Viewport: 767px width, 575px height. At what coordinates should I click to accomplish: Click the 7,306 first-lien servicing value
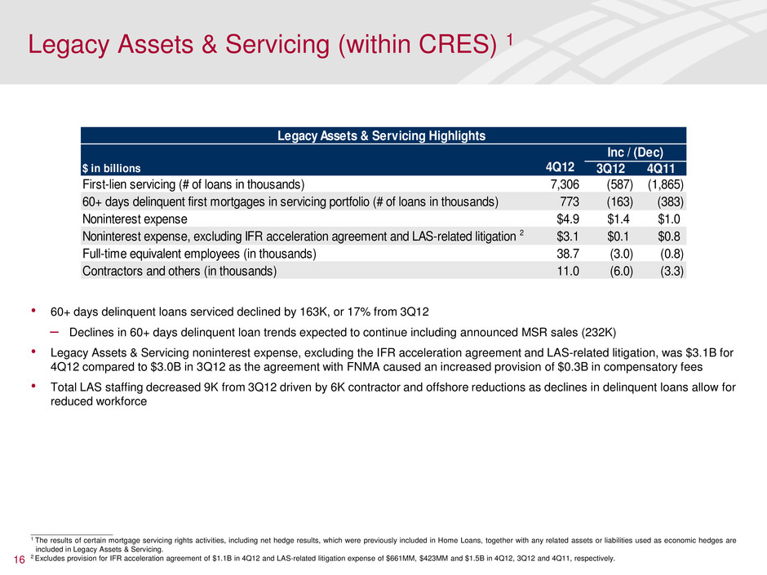[x=564, y=184]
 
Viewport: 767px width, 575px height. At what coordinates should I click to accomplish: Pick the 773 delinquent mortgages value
[x=569, y=201]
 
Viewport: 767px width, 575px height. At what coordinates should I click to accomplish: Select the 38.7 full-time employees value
[x=567, y=254]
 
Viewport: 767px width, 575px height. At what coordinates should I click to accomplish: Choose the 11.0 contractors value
[x=567, y=272]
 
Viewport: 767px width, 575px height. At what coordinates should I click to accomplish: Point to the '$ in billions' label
[x=110, y=169]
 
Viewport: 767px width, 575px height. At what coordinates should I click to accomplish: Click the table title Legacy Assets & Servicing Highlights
[x=383, y=135]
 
